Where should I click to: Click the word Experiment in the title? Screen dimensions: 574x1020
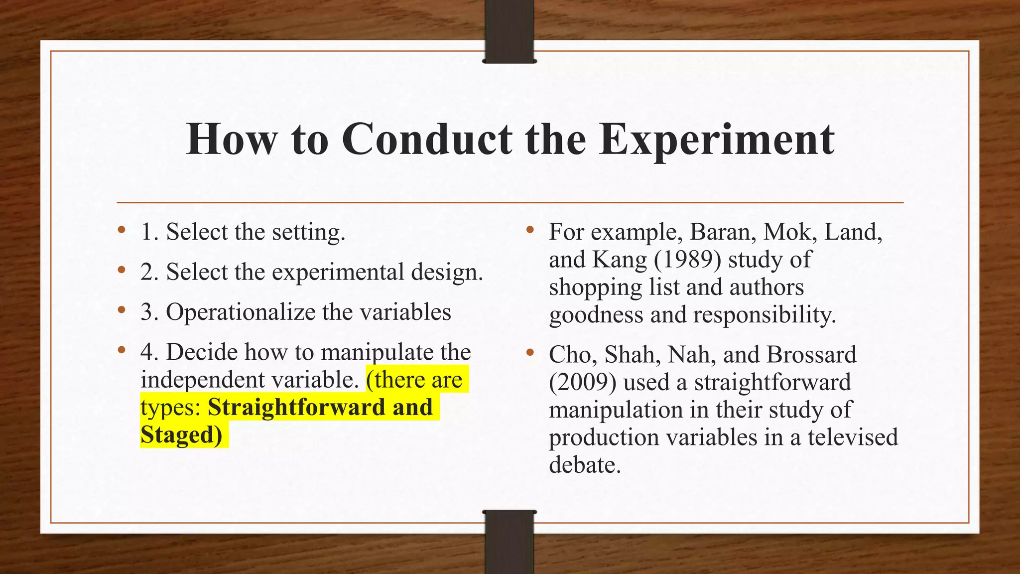pos(717,140)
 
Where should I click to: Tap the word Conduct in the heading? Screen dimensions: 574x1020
pos(427,139)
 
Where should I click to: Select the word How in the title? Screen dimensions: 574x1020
pos(232,139)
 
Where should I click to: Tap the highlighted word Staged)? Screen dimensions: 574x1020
pos(181,434)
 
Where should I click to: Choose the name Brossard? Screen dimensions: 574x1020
pos(811,355)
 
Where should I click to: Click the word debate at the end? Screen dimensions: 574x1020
pos(585,465)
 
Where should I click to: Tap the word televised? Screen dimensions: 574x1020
pos(853,437)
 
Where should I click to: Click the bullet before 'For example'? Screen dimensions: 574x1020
pos(529,231)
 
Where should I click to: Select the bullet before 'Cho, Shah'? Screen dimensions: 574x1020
pos(529,353)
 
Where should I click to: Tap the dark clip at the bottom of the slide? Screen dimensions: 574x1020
pos(509,542)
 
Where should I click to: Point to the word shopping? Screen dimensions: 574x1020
pos(596,288)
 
